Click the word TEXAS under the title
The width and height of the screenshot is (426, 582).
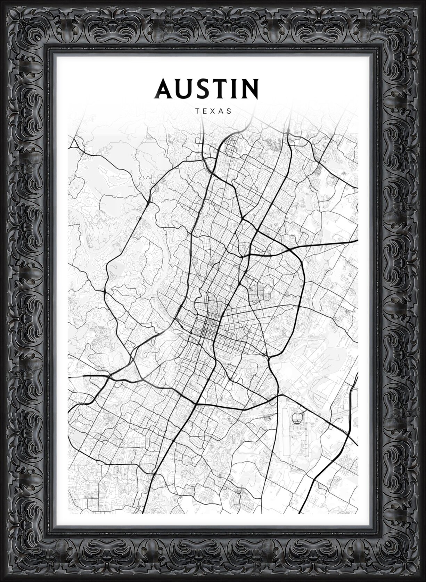(213, 111)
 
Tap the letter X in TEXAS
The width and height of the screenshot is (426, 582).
(214, 111)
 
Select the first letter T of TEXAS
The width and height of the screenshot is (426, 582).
(197, 111)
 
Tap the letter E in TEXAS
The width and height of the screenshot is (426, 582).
(205, 111)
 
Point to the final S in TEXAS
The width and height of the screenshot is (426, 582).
(229, 111)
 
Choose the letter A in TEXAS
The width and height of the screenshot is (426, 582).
(221, 111)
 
